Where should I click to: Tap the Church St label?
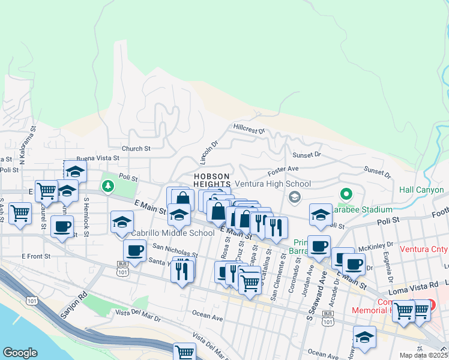point(136,149)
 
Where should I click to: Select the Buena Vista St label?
point(98,158)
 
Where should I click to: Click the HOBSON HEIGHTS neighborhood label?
point(211,180)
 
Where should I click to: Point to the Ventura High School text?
point(273,184)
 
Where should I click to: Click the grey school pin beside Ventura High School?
point(294,196)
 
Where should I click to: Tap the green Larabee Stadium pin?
point(346,194)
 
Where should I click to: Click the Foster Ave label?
point(283,170)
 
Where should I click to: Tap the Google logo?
point(20,353)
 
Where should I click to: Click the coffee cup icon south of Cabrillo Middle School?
point(134,250)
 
